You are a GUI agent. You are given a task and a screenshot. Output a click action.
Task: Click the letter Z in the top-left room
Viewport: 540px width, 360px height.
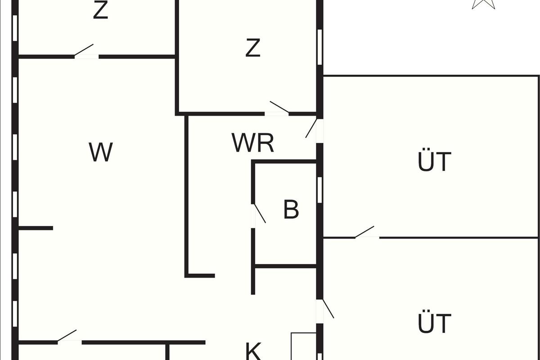[100, 11]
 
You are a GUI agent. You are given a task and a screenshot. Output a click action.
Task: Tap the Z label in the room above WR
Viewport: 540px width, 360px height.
[253, 48]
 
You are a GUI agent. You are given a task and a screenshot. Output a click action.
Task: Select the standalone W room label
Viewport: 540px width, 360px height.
[101, 152]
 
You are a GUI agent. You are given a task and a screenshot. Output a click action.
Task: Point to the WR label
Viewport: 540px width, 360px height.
[253, 143]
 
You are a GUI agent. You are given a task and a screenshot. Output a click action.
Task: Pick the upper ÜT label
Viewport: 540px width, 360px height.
[434, 162]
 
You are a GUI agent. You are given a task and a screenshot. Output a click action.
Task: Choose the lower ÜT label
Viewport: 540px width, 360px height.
[434, 323]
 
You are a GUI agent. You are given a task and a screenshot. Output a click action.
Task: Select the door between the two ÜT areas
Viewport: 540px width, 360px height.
[365, 233]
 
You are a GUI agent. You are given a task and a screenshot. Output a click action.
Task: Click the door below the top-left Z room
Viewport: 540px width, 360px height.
[85, 51]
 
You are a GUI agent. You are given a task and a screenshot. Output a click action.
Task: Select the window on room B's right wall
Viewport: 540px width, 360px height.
[319, 189]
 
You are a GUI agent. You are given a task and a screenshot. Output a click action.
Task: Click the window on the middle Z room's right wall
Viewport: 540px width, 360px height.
[320, 47]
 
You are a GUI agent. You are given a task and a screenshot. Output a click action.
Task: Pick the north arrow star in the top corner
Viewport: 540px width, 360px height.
[483, 4]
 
